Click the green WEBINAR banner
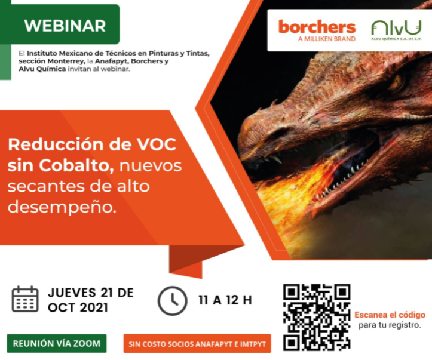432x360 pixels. pyautogui.click(x=60, y=24)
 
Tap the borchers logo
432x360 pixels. pyautogui.click(x=317, y=30)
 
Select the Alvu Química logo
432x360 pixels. pyautogui.click(x=396, y=30)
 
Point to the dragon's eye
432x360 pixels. pyautogui.click(x=396, y=82)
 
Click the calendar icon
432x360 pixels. pyautogui.click(x=24, y=299)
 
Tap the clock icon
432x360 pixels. pyautogui.click(x=172, y=300)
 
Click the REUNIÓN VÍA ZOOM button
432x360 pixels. pyautogui.click(x=57, y=343)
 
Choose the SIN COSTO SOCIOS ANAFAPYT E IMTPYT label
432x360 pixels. pyautogui.click(x=197, y=343)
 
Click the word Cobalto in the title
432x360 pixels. pyautogui.click(x=76, y=166)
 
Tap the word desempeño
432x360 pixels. pyautogui.click(x=62, y=207)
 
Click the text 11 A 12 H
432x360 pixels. pyautogui.click(x=225, y=300)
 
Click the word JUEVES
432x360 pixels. pyautogui.click(x=72, y=293)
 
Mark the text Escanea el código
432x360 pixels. pyautogui.click(x=390, y=315)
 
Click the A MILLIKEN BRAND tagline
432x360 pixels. pyautogui.click(x=327, y=39)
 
